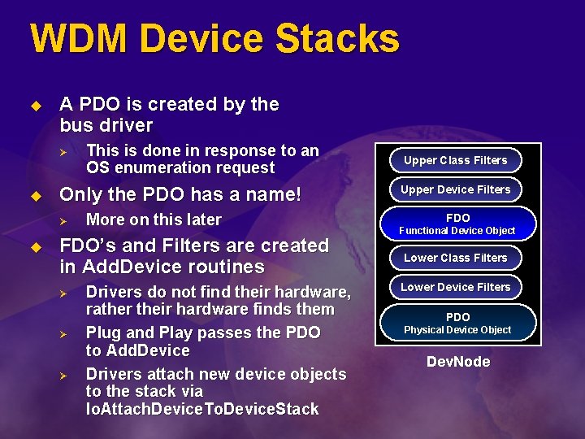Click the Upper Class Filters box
coord(455,160)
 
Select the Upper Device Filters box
coord(455,189)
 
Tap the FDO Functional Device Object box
coord(457,224)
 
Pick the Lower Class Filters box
coord(455,258)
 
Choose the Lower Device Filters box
coord(455,287)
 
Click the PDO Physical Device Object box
coord(457,323)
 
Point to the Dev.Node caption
coord(458,362)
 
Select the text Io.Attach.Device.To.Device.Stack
coord(202,409)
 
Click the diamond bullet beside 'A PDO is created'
coord(35,105)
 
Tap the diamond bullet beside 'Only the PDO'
coord(35,195)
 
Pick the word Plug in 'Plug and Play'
coord(103,333)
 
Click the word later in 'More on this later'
coord(201,219)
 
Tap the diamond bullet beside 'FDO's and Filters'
coord(35,246)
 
